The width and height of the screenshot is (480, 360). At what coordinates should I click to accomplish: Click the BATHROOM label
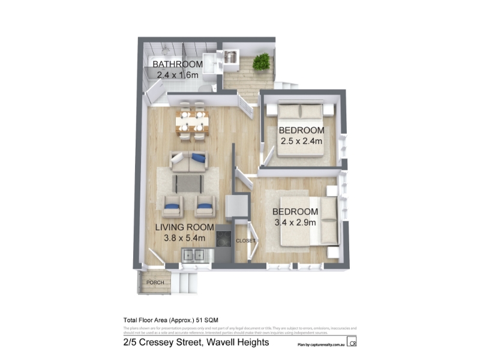click(177, 64)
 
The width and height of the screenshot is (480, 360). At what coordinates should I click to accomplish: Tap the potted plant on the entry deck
click(261, 61)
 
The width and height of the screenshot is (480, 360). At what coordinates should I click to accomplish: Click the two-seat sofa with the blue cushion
click(188, 161)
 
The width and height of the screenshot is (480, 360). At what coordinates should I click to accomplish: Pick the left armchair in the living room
click(173, 206)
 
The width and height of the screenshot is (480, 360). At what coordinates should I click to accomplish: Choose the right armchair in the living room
click(205, 206)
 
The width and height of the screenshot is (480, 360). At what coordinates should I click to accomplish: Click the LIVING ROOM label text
click(185, 227)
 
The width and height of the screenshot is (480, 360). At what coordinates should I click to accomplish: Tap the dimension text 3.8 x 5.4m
click(185, 238)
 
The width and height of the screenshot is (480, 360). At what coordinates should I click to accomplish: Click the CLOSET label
click(245, 241)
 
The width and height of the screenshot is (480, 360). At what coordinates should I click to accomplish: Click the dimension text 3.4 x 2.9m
click(295, 223)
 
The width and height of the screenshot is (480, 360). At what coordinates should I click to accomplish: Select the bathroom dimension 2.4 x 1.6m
click(177, 75)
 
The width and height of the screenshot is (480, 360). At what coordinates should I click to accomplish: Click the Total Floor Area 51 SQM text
click(174, 320)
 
